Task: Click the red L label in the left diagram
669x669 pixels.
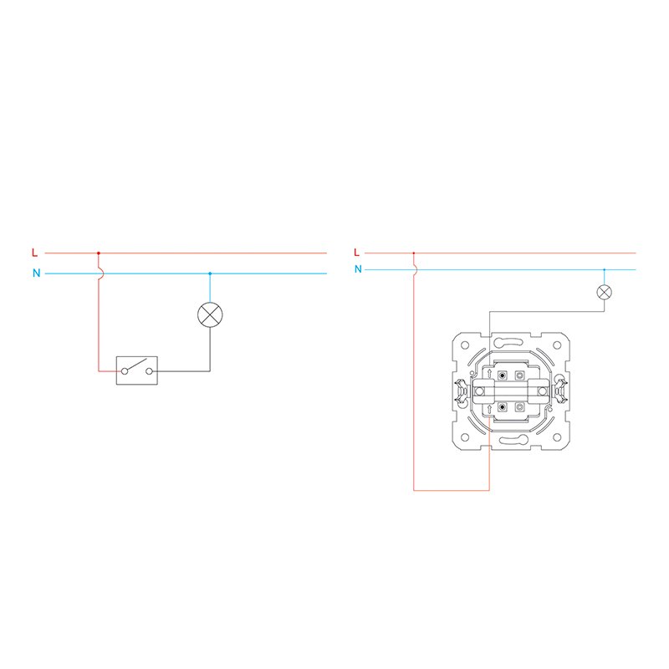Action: pos(34,253)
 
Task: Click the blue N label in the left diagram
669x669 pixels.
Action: pos(36,273)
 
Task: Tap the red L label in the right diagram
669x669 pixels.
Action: pos(357,253)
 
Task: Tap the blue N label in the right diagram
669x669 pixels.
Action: pos(358,268)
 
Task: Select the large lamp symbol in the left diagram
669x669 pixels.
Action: pos(210,315)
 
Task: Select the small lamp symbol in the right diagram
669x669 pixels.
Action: pos(604,292)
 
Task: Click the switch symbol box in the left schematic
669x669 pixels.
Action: pos(137,370)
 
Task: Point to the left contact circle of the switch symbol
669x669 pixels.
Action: pos(125,371)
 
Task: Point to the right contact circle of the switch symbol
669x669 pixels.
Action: pos(149,371)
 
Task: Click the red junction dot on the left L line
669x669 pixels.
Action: pos(99,253)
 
